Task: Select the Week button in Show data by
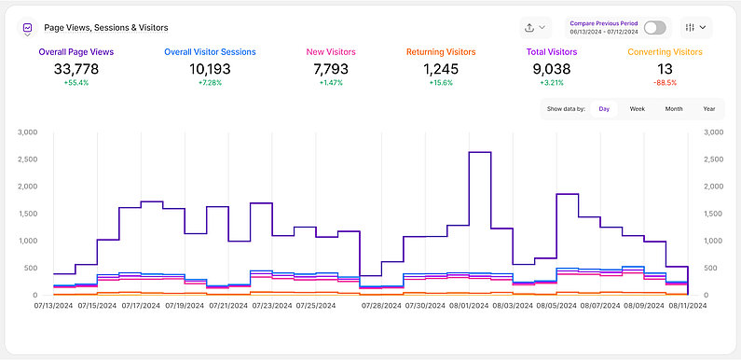tap(638, 109)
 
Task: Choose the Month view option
tap(673, 109)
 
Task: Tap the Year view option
tap(708, 109)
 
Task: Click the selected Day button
tap(604, 109)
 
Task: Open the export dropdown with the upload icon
tap(535, 28)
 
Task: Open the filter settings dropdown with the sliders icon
tap(696, 28)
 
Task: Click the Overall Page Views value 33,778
tap(76, 69)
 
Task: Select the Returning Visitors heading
tap(441, 52)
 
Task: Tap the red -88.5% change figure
tap(665, 83)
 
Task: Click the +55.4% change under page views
tap(76, 83)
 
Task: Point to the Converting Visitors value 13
tap(665, 69)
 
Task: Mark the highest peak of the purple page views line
tap(479, 152)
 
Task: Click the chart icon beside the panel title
tap(28, 28)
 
